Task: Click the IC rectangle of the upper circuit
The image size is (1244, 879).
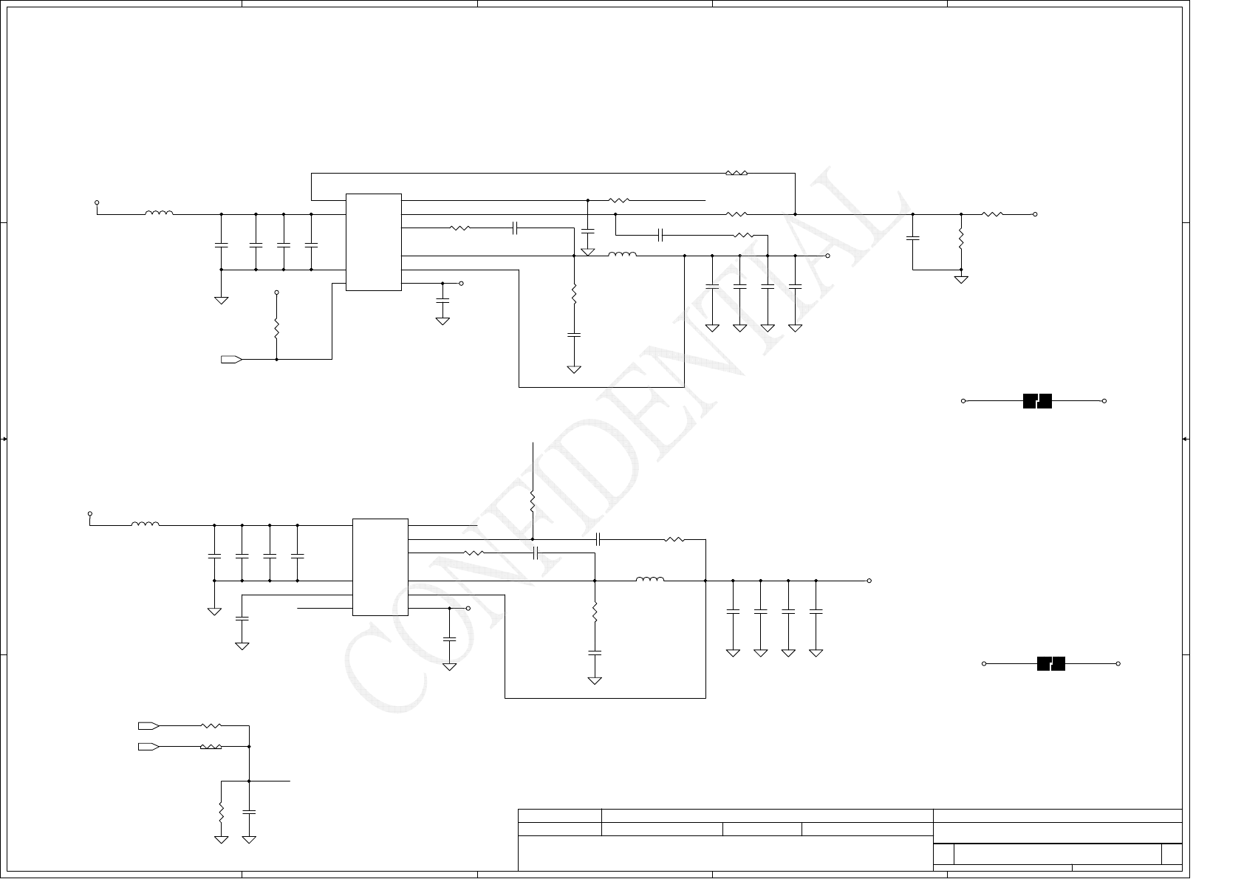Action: (374, 242)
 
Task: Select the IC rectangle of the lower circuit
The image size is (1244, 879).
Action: (380, 567)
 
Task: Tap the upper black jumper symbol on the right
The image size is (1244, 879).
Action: (1037, 401)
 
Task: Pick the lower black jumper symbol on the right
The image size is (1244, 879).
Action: (1051, 663)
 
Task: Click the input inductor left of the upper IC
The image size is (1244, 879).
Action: (159, 213)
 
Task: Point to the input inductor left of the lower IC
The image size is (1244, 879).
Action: (145, 524)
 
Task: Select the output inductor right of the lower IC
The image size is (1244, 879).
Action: (650, 580)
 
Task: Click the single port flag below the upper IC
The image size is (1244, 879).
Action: (231, 360)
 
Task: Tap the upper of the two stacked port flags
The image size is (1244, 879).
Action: (148, 726)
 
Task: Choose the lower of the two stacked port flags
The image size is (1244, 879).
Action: (148, 747)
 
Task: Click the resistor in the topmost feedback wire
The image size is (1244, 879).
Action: (737, 174)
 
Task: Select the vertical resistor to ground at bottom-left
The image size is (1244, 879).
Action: (221, 812)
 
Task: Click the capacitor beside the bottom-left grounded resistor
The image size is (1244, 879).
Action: (249, 812)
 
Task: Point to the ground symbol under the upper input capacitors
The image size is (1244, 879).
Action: (221, 300)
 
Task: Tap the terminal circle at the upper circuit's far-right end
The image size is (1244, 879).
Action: (1035, 214)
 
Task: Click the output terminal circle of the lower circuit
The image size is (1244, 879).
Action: (869, 581)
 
